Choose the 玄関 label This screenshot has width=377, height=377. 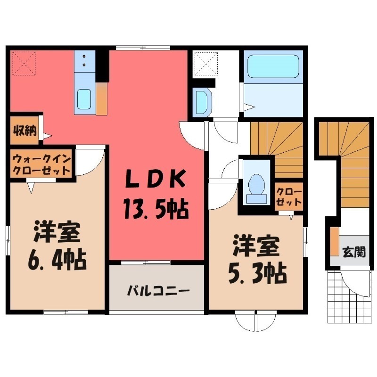[x=353, y=252]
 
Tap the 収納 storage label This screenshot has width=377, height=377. [x=25, y=131]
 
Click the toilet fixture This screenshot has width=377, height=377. [x=256, y=184]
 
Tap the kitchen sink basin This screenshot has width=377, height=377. [x=85, y=99]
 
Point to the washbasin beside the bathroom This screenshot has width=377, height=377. [x=201, y=100]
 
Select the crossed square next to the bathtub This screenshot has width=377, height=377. [x=205, y=63]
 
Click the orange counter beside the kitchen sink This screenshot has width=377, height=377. [x=102, y=97]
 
